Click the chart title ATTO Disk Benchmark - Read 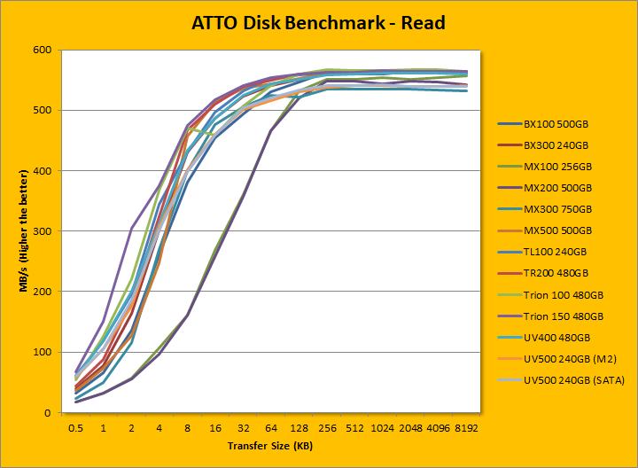(318, 23)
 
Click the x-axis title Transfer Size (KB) (269, 445)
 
